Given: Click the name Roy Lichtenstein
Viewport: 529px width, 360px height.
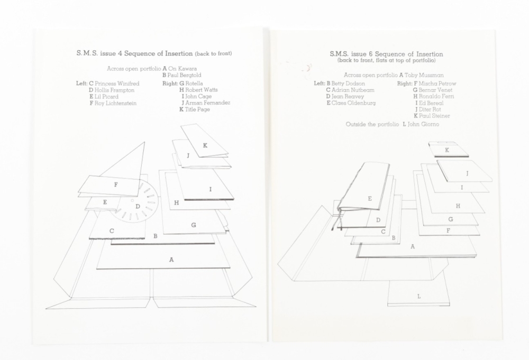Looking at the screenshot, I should coord(115,104).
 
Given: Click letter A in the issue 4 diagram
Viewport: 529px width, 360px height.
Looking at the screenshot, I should coord(171,260).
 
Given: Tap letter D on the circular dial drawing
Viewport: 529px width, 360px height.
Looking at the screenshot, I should coord(138,207).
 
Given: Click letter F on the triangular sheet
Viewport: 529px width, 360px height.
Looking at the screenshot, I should coord(116,185).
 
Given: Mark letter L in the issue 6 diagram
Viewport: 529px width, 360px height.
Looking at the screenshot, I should coord(418,297).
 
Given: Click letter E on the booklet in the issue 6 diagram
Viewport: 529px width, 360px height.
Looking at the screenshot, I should coord(369,199).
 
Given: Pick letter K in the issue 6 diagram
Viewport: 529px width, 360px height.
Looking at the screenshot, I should coord(447,150).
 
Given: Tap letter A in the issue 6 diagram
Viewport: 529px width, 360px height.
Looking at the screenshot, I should coord(412,246).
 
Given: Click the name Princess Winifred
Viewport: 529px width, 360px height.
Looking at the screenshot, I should coord(117,84).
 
